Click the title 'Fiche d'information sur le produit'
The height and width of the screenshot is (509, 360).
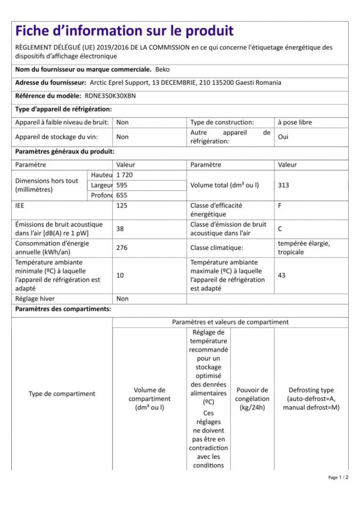point(124,31)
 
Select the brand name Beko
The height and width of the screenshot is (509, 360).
point(162,69)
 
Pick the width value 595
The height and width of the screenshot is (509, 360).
point(122,185)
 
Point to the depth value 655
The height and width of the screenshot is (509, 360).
point(122,195)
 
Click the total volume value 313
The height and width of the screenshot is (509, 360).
point(283,185)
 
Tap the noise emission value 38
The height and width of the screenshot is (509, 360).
point(120,229)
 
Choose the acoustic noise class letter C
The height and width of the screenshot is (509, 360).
point(280,229)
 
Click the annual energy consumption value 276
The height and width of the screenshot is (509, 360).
point(122,248)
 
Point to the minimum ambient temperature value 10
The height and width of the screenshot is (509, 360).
point(120,276)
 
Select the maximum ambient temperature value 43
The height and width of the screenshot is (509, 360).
point(282,276)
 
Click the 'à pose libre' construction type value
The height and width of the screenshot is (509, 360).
point(295,122)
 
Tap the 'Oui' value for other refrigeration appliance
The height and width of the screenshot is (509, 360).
point(283,137)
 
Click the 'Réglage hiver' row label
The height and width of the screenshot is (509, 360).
point(35,299)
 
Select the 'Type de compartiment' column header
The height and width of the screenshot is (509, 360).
point(62,394)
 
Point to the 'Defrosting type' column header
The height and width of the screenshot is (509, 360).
point(311,390)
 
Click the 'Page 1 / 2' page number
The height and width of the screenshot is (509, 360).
point(338,478)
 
